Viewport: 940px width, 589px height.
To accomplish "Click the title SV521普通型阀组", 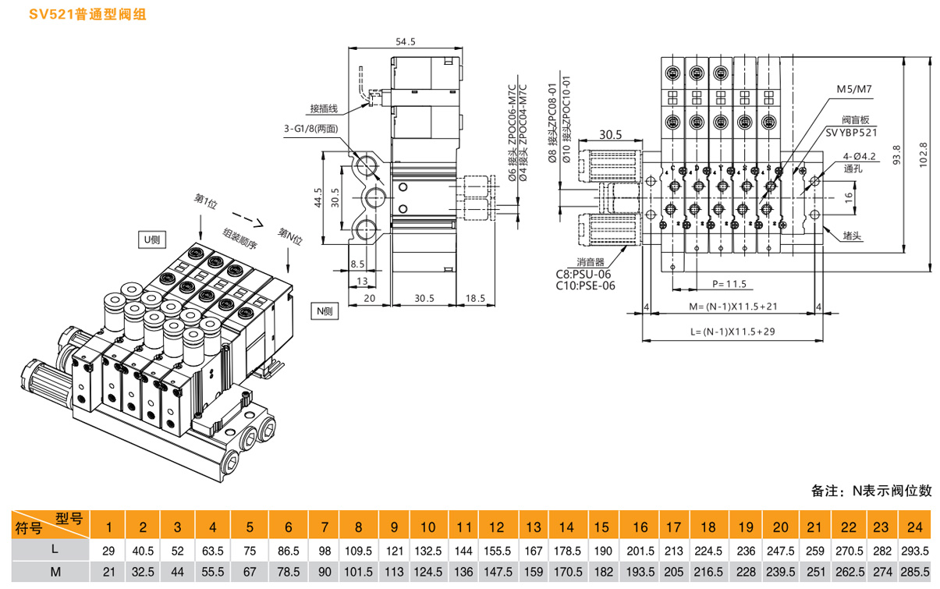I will (76, 15).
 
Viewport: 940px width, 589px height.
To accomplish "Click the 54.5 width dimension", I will (405, 41).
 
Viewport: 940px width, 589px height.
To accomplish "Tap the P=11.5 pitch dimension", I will (729, 284).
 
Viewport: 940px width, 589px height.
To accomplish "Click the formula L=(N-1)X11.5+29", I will (732, 331).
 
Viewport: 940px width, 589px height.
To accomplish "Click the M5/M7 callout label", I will (853, 90).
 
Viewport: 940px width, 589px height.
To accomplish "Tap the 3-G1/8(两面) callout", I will (311, 129).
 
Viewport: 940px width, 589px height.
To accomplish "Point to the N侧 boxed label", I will (325, 310).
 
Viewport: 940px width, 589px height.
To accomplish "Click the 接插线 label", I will (322, 108).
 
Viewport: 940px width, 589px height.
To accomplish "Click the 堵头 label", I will (852, 235).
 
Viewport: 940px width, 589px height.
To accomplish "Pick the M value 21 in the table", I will (109, 572).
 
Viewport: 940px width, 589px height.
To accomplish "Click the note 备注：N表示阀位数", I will (871, 491).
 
